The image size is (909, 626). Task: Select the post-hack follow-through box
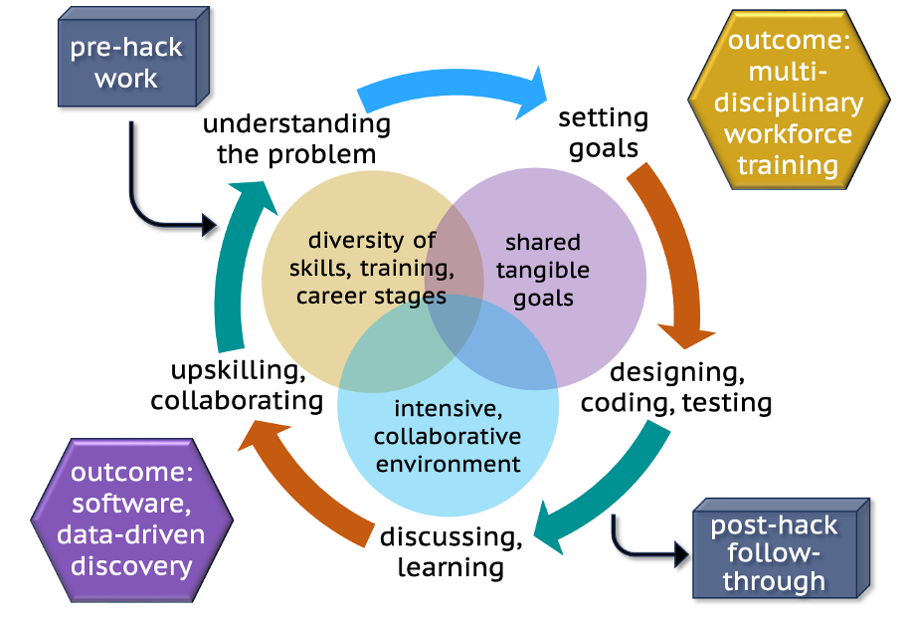pyautogui.click(x=774, y=553)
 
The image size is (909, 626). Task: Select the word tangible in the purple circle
pyautogui.click(x=542, y=270)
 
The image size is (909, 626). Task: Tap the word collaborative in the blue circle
pyautogui.click(x=448, y=436)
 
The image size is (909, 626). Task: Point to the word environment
pyautogui.click(x=448, y=463)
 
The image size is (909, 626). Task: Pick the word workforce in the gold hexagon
pyautogui.click(x=788, y=133)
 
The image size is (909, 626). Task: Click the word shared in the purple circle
pyautogui.click(x=542, y=243)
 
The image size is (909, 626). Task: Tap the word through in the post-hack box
pyautogui.click(x=774, y=581)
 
